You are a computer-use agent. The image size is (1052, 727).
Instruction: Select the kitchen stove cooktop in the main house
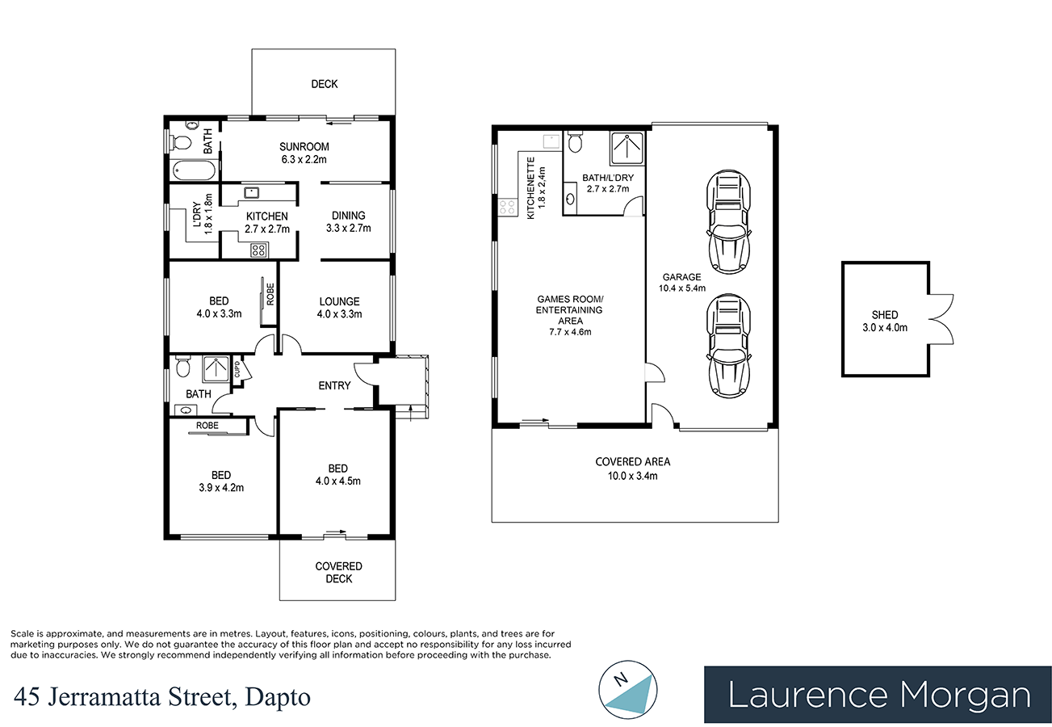[x=258, y=250]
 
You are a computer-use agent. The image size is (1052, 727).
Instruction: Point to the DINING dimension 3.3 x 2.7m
[x=348, y=228]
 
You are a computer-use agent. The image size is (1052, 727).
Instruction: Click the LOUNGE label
[x=339, y=301]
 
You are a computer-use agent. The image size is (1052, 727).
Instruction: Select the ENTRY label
[x=334, y=385]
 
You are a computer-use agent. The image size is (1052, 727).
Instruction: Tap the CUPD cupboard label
[x=238, y=371]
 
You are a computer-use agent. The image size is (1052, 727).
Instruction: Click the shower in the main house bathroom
[x=215, y=368]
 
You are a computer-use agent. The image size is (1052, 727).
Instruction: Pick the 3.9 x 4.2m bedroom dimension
[x=221, y=487]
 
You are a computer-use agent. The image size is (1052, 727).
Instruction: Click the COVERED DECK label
[x=338, y=572]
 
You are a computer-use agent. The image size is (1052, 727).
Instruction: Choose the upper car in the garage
[x=728, y=222]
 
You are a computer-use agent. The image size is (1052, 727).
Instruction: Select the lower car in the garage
[x=728, y=346]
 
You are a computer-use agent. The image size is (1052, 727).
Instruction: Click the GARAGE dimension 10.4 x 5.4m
[x=682, y=288]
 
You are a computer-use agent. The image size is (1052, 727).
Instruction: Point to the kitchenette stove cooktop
[x=509, y=207]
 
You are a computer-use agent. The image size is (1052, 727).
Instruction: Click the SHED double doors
[x=941, y=319]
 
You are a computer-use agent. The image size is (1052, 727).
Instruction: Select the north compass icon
[x=628, y=689]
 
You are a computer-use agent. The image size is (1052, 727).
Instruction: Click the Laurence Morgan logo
[x=878, y=695]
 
